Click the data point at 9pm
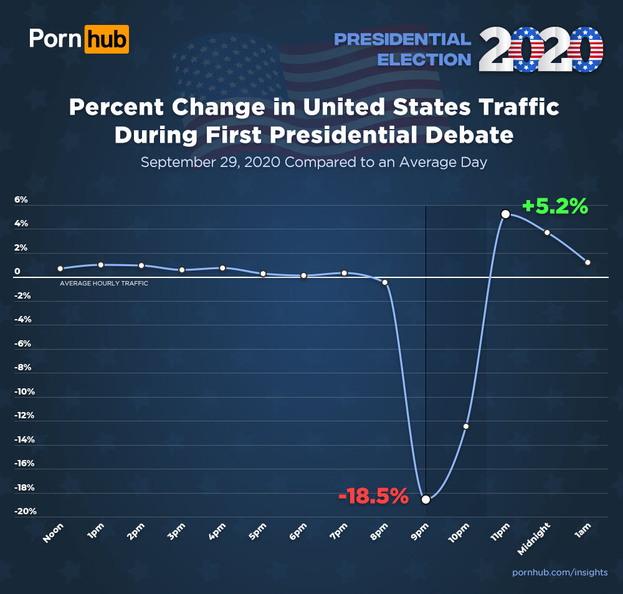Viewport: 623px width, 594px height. (x=426, y=499)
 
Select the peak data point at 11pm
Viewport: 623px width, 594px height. (x=506, y=214)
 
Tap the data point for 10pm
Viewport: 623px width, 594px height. (x=465, y=426)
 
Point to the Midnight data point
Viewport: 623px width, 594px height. (x=547, y=232)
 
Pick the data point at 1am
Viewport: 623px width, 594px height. (x=587, y=262)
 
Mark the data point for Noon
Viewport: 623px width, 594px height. (x=60, y=269)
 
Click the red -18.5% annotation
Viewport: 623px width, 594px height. (x=373, y=497)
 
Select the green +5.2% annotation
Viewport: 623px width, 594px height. (x=554, y=206)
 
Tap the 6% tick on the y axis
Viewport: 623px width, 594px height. (x=21, y=200)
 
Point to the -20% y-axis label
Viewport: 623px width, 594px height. (x=26, y=512)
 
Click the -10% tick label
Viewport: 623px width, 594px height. (x=26, y=392)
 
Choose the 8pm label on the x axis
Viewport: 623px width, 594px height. (x=381, y=535)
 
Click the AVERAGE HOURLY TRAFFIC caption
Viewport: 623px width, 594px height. (x=103, y=284)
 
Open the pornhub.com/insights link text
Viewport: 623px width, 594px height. (x=559, y=572)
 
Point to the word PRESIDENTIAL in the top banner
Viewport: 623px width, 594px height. (x=402, y=40)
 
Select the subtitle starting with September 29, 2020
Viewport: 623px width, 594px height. (x=313, y=162)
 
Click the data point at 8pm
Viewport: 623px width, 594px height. (x=385, y=282)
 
